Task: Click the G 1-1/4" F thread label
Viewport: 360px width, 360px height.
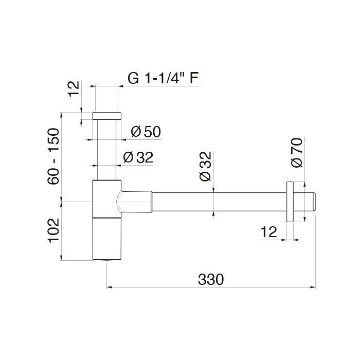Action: [x=163, y=78]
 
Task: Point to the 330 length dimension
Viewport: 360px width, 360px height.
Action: [x=210, y=280]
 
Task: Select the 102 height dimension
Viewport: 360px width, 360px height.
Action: [x=53, y=230]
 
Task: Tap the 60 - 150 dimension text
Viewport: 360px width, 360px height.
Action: [x=53, y=156]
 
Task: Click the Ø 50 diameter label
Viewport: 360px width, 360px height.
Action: [x=146, y=132]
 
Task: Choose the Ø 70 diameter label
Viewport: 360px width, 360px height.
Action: [x=297, y=152]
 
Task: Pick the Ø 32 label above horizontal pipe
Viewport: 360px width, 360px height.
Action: [x=205, y=167]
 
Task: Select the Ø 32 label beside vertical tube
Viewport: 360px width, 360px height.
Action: [x=138, y=157]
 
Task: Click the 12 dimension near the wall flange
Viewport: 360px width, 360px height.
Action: [x=269, y=232]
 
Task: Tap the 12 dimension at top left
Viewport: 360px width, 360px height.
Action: [x=74, y=89]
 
